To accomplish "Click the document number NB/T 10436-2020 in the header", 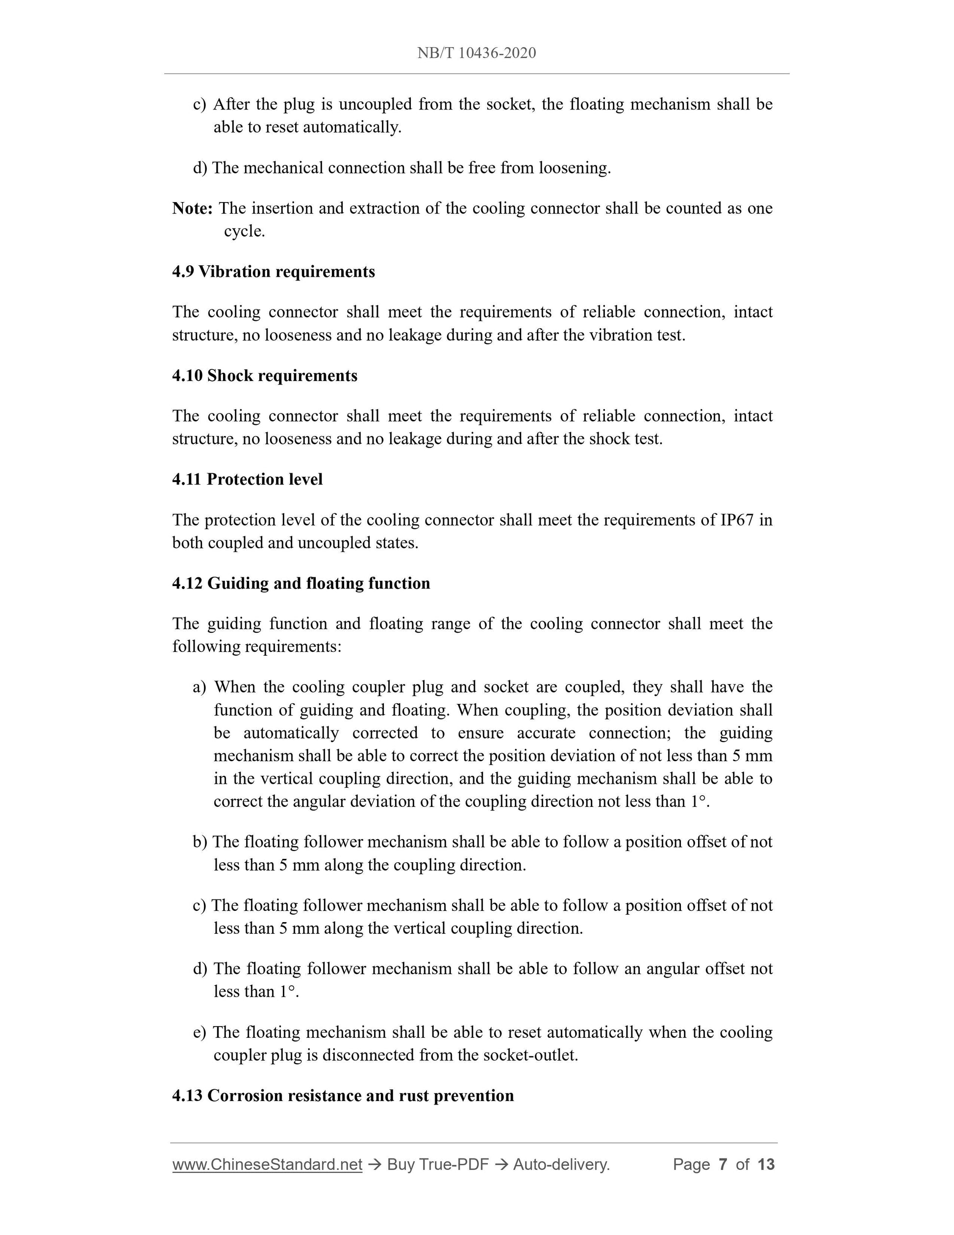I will pyautogui.click(x=477, y=53).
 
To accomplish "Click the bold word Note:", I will pyautogui.click(x=192, y=208).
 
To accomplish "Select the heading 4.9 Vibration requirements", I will pyautogui.click(x=274, y=272).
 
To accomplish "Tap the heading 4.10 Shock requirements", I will pyautogui.click(x=265, y=376).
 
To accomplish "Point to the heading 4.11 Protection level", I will pyautogui.click(x=247, y=480).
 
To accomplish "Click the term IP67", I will pyautogui.click(x=737, y=520).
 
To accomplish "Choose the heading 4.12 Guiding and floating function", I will pyautogui.click(x=301, y=584).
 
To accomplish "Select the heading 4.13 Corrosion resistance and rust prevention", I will pyautogui.click(x=343, y=1096).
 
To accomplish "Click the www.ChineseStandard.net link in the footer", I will pyautogui.click(x=267, y=1165).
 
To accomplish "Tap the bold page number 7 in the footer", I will pyautogui.click(x=722, y=1165).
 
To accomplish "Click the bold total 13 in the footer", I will pyautogui.click(x=766, y=1165).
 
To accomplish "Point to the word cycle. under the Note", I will pyautogui.click(x=244, y=232).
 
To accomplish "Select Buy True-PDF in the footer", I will pyautogui.click(x=437, y=1165).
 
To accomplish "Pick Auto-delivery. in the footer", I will pyautogui.click(x=561, y=1165).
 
